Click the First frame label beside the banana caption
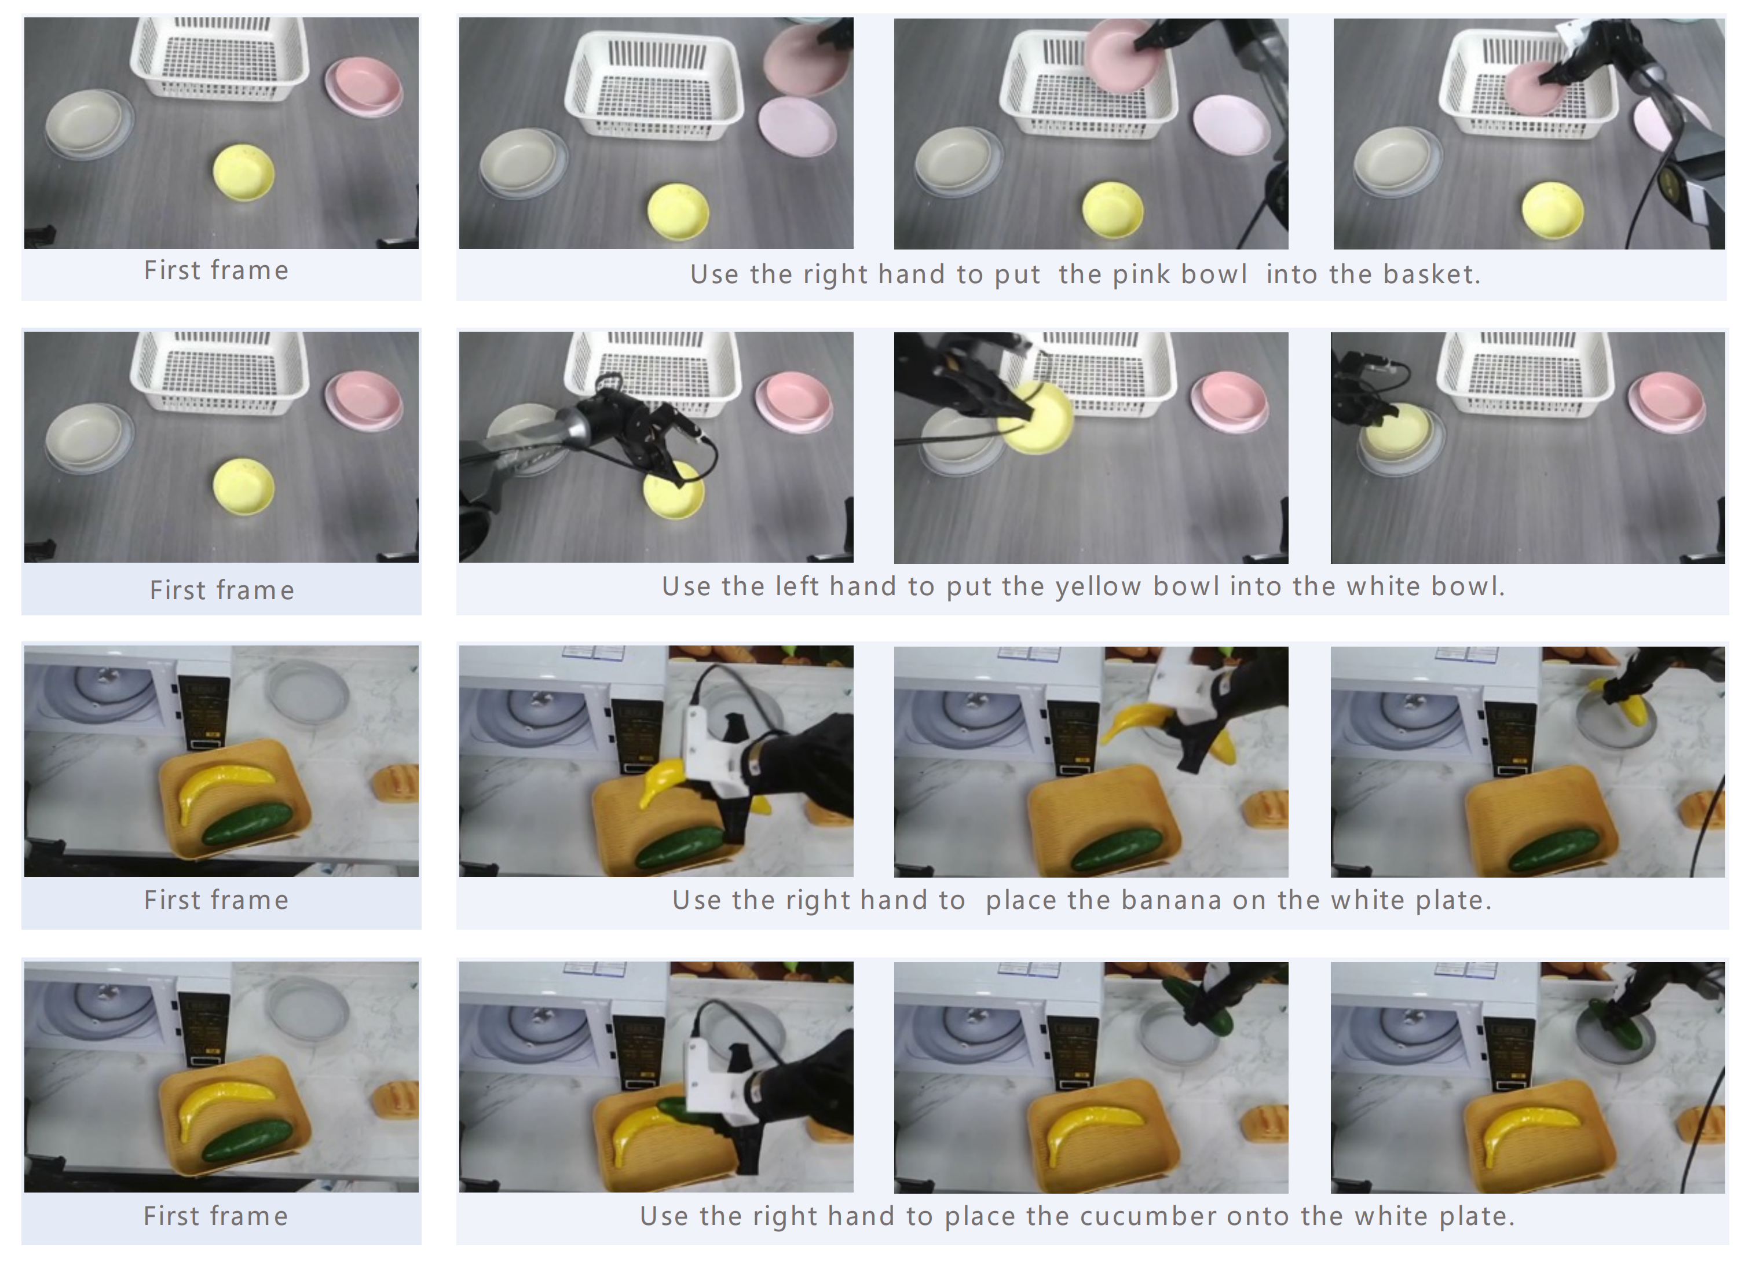[x=217, y=900]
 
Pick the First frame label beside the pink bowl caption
[x=217, y=270]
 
